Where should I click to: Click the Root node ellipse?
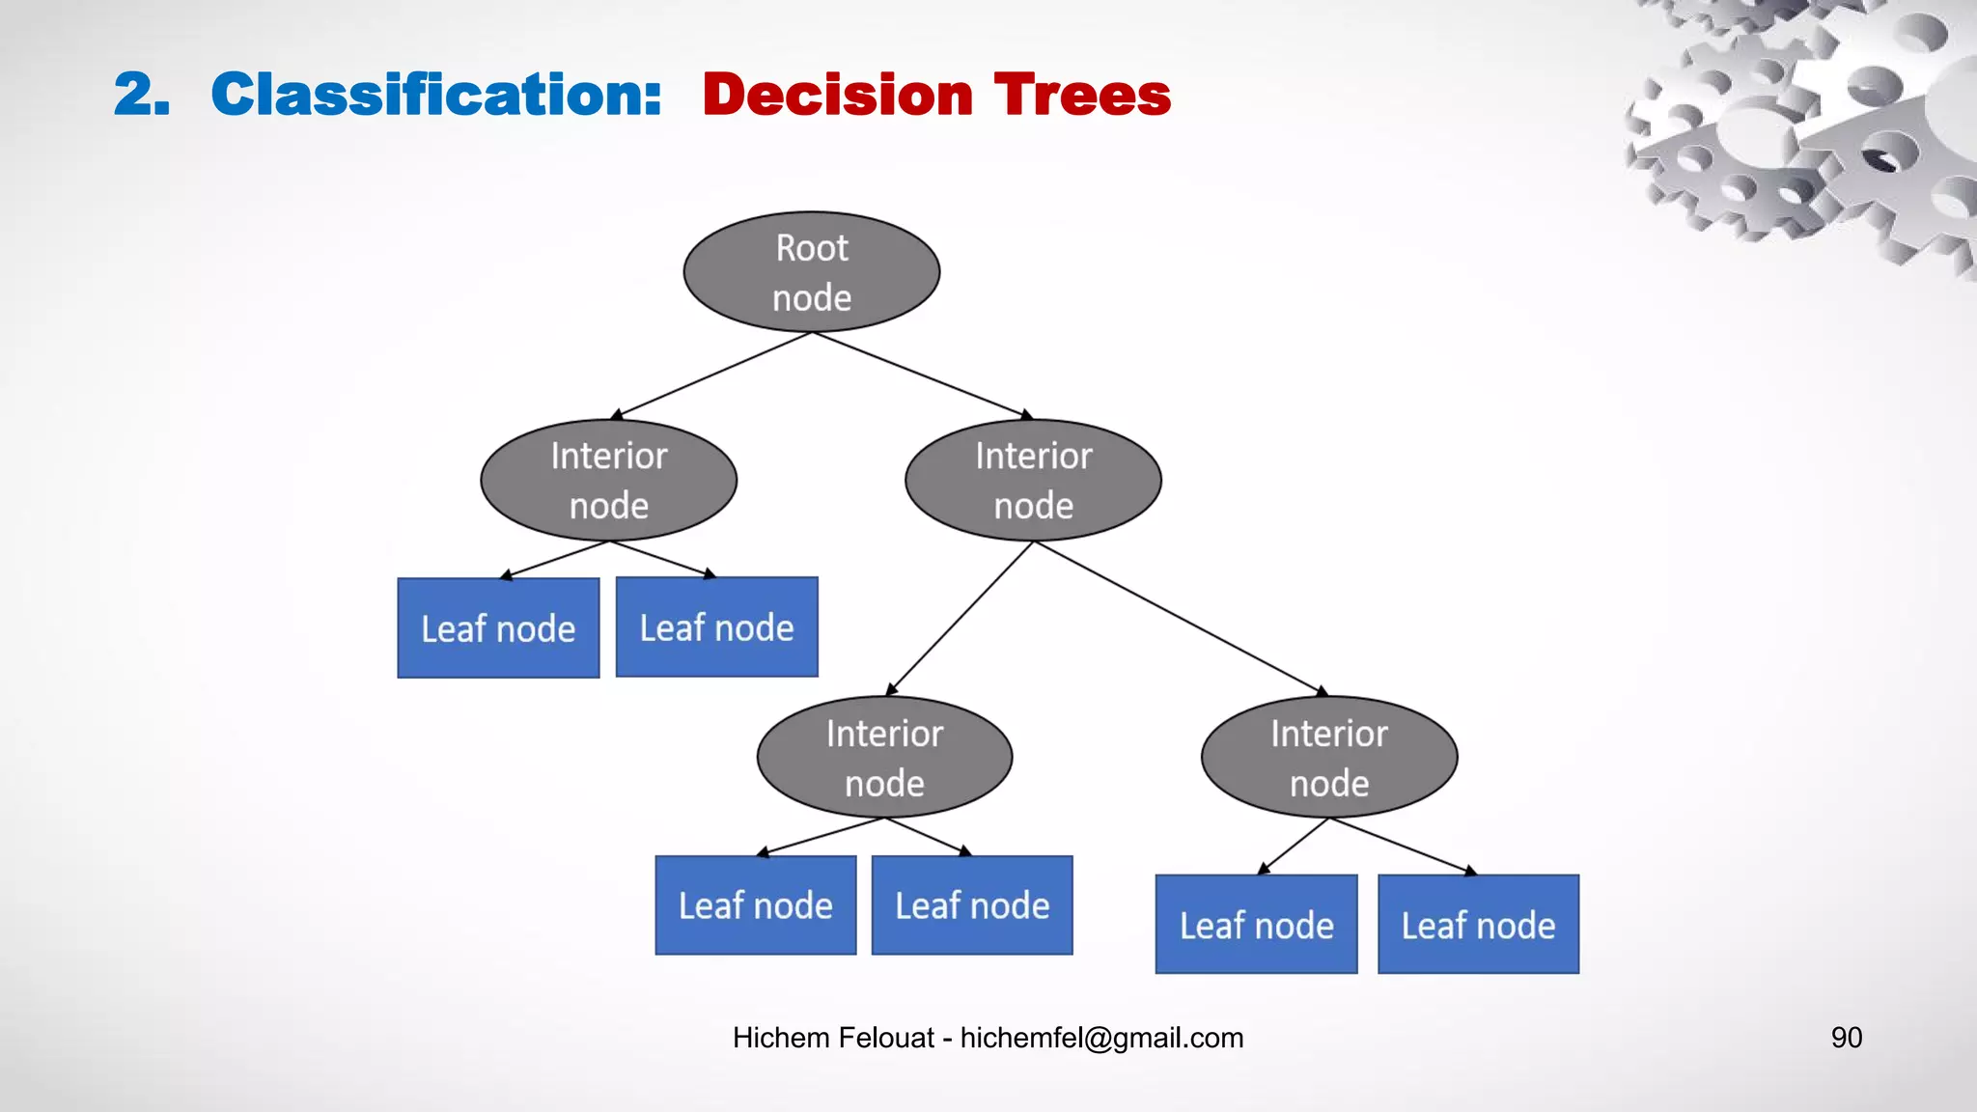[x=811, y=272]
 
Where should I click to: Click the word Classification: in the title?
[x=436, y=95]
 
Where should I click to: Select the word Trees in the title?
[x=1082, y=95]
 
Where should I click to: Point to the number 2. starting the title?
[x=142, y=95]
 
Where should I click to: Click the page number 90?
[x=1846, y=1038]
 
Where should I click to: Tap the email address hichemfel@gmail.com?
[x=1101, y=1038]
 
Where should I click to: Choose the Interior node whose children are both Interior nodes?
[x=1033, y=480]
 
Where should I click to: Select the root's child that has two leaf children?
[x=608, y=480]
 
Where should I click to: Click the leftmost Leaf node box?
[x=498, y=628]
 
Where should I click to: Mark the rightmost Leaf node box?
[x=1478, y=925]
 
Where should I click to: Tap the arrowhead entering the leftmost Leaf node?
[x=505, y=575]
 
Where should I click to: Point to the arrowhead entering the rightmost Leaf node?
[x=1470, y=871]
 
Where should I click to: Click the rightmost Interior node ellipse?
[x=1328, y=757]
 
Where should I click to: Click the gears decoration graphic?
[x=1805, y=125]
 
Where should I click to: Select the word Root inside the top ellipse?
[x=812, y=249]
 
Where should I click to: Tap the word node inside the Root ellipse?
[x=812, y=298]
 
